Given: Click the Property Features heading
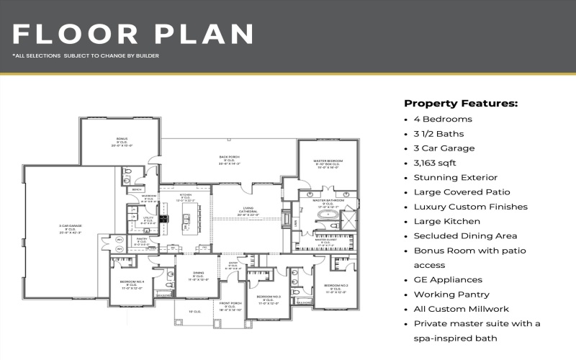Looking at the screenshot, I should [461, 103].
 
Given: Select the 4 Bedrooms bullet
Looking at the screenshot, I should [443, 119].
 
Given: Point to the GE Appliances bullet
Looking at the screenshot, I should [448, 279].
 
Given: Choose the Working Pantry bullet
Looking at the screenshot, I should [451, 294].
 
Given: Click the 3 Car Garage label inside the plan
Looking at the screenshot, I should [70, 228].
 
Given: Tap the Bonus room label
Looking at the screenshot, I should [122, 140].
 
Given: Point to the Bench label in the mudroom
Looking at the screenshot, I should [136, 190].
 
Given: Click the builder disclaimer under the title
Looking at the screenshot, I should [86, 55].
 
